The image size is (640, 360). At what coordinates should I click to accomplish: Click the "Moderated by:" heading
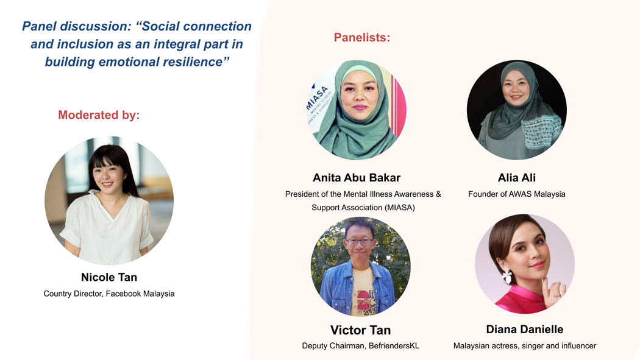(x=99, y=115)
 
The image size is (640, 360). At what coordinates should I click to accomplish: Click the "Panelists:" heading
(x=362, y=38)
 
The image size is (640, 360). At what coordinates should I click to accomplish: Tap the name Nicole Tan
(x=109, y=277)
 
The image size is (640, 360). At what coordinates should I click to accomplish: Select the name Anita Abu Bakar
(x=357, y=178)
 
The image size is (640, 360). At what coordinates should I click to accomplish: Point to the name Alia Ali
(x=517, y=178)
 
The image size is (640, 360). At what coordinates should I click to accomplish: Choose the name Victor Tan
(x=360, y=330)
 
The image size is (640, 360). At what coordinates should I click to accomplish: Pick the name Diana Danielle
(x=524, y=330)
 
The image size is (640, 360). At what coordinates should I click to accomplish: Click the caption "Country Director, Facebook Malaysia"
(x=109, y=294)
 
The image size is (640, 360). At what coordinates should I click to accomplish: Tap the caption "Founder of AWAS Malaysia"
(x=517, y=194)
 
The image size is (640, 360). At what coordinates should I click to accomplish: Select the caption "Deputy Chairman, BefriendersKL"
(x=360, y=346)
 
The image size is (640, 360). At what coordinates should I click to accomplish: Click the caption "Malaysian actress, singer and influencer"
(x=524, y=346)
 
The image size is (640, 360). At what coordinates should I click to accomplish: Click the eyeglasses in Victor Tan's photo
(x=359, y=242)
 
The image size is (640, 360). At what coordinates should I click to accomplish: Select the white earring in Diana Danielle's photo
(x=507, y=277)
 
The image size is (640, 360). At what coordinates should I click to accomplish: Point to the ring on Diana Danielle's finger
(x=556, y=295)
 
